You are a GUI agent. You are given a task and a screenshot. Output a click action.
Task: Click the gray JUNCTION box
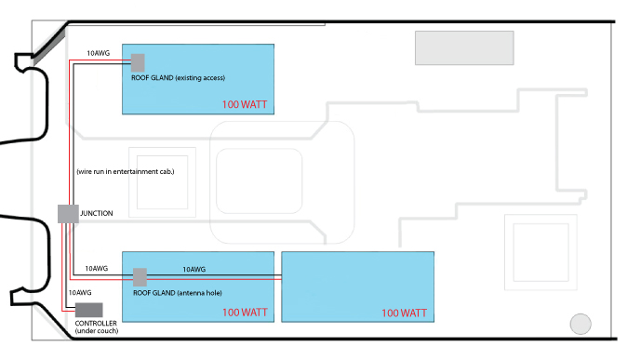coord(68,214)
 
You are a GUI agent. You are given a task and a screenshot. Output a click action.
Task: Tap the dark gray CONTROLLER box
coord(88,310)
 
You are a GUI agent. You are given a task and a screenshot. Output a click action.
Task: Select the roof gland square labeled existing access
coord(138,63)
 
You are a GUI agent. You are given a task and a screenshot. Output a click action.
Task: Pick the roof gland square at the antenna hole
coord(140,277)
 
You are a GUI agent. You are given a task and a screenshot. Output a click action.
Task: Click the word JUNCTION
coord(97,214)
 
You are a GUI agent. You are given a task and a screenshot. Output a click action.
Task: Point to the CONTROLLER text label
coord(96,323)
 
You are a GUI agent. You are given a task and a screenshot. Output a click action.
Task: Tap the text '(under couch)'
coord(97,331)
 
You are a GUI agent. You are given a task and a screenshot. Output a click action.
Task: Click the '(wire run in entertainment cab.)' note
coord(126,171)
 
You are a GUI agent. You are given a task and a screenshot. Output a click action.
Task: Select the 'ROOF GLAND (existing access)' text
coord(178,77)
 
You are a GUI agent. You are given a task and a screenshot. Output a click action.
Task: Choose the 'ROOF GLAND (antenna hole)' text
coord(177,293)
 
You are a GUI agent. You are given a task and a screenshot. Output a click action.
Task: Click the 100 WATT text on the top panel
coord(245,104)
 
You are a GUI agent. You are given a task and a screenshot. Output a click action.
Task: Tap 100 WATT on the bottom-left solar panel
coord(245,313)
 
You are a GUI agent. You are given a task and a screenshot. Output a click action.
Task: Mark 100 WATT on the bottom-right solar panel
coord(404,313)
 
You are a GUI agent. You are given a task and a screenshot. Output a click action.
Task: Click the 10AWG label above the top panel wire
coord(98,53)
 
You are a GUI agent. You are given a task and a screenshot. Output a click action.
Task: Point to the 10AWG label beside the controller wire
coord(80,293)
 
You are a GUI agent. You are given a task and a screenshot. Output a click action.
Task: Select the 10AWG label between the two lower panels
coord(193,270)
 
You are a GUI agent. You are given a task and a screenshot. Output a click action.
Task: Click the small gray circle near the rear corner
coord(580,324)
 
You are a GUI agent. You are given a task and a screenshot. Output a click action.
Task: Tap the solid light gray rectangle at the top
coord(464,48)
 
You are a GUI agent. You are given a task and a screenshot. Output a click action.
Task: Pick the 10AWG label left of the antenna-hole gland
coord(97,269)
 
